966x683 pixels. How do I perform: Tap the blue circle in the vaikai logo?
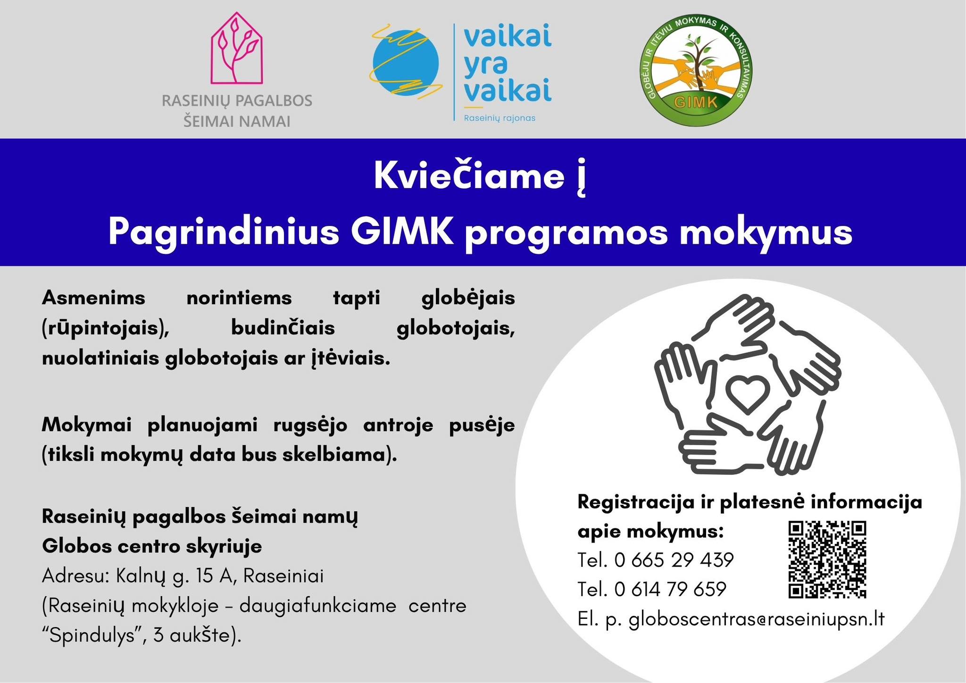[x=406, y=62]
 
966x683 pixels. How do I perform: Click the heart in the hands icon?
[x=747, y=392]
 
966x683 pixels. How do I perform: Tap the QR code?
[x=827, y=559]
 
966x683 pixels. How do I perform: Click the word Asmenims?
[x=93, y=298]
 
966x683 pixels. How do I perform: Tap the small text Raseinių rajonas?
[x=500, y=118]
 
